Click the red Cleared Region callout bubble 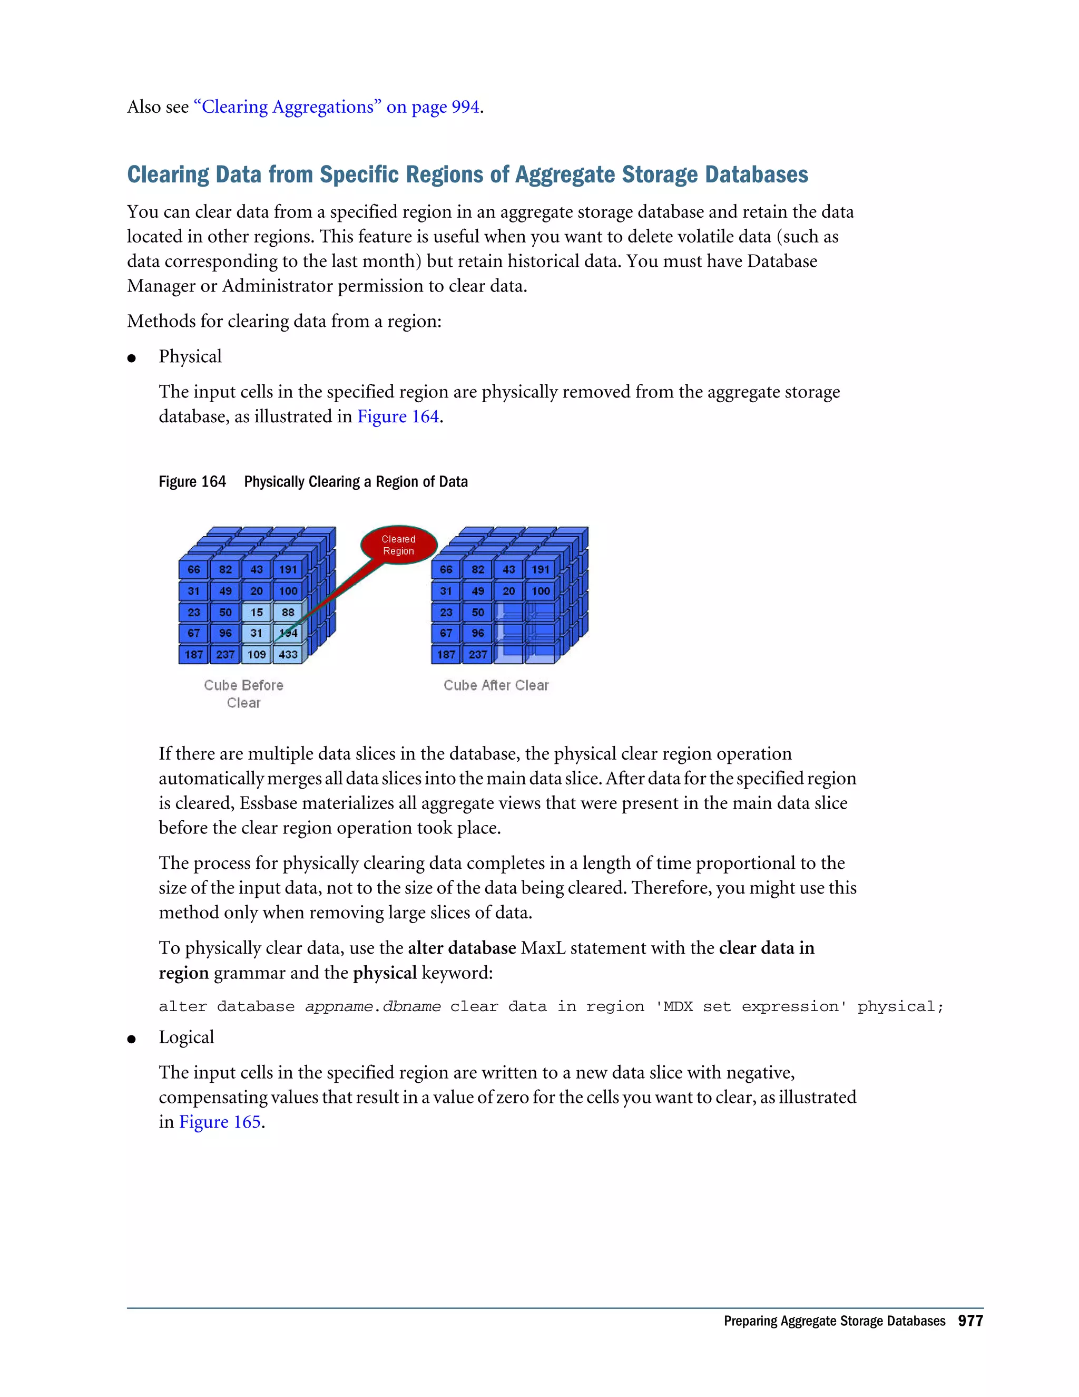coord(399,545)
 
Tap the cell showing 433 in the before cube coord(288,654)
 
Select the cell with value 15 coord(257,612)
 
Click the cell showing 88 coord(288,612)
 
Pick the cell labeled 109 coord(257,654)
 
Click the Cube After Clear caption coord(496,685)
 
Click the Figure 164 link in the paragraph coord(398,416)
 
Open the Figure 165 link coord(220,1122)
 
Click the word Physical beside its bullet coord(190,356)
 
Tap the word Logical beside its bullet coord(186,1037)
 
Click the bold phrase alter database coord(462,948)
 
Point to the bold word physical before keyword coord(385,973)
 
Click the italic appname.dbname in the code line coord(372,1006)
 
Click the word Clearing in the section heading coord(168,174)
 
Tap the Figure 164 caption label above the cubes coord(192,482)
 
